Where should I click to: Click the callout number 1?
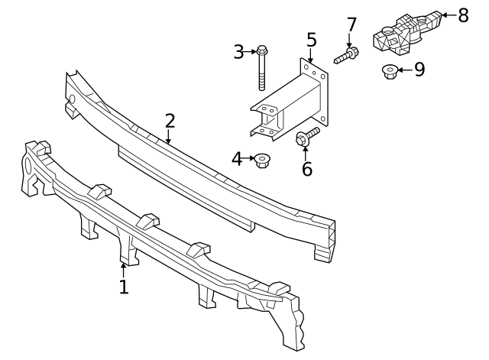tap(123, 287)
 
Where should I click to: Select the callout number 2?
tap(170, 121)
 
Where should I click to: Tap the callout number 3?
tap(238, 52)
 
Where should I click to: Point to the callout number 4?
tap(238, 159)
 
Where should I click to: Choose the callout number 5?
tap(311, 39)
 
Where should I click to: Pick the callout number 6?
tap(306, 169)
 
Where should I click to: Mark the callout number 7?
tap(351, 24)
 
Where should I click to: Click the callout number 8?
tap(462, 15)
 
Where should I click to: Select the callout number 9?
tap(419, 70)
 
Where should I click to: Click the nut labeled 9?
tap(389, 72)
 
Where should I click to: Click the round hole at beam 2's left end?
tap(72, 99)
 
